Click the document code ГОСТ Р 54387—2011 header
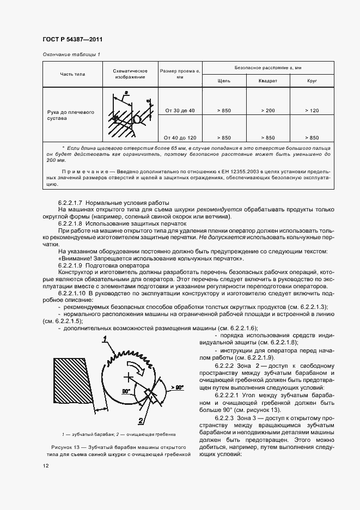click(x=72, y=40)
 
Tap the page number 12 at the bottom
click(x=45, y=466)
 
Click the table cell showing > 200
click(x=267, y=111)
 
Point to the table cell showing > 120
click(x=312, y=111)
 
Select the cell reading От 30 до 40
click(x=179, y=111)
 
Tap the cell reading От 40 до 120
click(x=179, y=137)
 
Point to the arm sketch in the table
click(x=130, y=116)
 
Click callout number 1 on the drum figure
click(x=103, y=339)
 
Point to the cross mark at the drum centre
click(x=129, y=376)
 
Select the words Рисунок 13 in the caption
click(x=59, y=447)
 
